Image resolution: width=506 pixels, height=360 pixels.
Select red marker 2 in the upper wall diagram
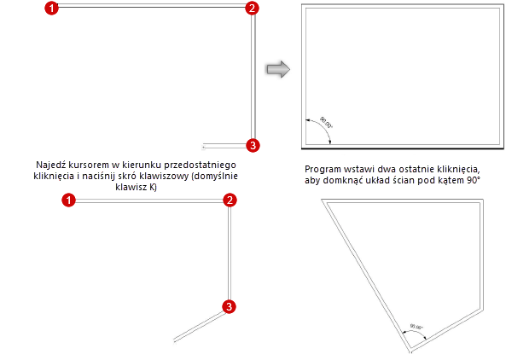click(251, 9)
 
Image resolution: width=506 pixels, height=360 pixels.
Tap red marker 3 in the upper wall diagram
click(251, 144)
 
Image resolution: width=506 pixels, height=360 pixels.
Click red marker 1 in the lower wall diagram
click(70, 200)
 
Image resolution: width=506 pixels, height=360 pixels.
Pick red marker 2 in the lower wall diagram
click(229, 200)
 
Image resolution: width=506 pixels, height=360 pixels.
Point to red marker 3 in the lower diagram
click(229, 307)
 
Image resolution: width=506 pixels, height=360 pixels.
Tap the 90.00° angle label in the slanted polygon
click(417, 327)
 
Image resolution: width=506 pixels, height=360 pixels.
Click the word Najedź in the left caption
click(50, 164)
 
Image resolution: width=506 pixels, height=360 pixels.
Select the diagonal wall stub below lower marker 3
click(199, 324)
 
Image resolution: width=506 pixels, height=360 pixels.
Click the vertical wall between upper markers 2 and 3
click(252, 77)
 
